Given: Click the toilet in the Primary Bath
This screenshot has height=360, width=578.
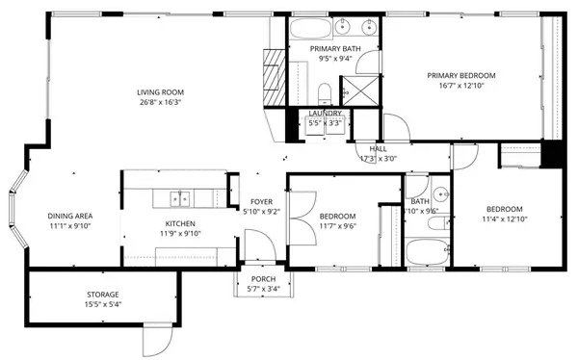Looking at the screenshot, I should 326,92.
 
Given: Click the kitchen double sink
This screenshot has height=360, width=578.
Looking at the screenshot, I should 179,198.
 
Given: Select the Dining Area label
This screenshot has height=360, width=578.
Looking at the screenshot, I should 70,216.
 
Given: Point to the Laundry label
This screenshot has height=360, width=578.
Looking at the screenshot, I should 324,114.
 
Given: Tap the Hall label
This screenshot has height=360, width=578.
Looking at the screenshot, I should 378,149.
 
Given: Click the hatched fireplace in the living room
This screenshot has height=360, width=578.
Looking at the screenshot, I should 273,72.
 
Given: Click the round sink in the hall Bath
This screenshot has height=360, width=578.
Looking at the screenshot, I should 438,190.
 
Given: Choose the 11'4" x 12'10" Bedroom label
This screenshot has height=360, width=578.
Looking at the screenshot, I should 504,209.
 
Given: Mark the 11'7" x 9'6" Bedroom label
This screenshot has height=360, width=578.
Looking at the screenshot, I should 337,216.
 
